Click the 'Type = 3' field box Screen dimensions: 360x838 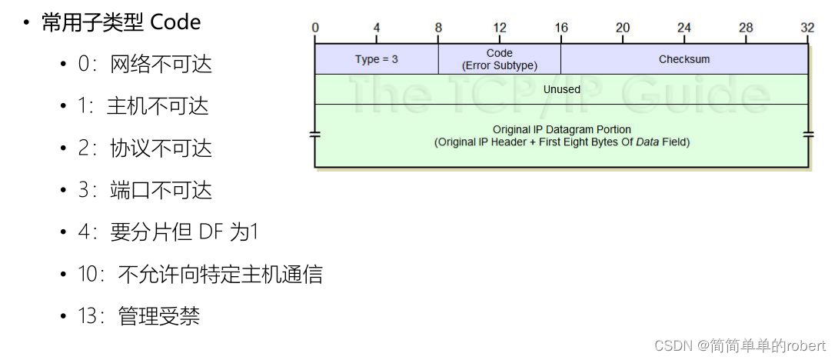point(376,59)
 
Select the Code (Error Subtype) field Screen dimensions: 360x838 point(499,59)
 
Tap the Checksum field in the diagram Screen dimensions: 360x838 point(684,59)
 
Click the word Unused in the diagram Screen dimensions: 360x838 point(561,89)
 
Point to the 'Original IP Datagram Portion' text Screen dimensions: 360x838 point(561,129)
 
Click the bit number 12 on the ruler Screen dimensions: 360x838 point(500,28)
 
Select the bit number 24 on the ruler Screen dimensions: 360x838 point(684,28)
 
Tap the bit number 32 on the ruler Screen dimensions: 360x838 point(807,28)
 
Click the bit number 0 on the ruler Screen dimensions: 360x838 point(315,28)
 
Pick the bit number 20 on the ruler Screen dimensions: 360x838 point(623,28)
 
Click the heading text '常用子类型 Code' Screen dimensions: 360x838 point(121,22)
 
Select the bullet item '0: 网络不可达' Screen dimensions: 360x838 point(145,64)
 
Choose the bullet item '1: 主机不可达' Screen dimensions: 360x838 point(143,106)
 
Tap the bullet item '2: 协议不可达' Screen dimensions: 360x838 point(145,148)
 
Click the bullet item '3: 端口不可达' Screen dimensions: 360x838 point(145,190)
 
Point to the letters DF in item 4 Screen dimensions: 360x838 point(209,232)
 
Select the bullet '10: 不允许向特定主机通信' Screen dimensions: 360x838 point(200,274)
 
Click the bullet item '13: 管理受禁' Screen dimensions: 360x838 point(139,315)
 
